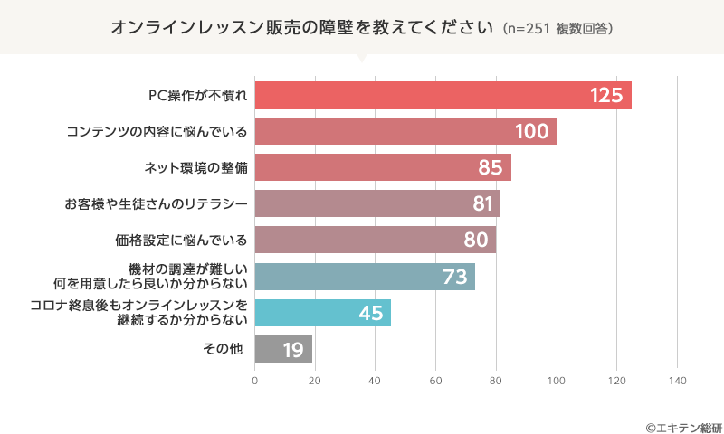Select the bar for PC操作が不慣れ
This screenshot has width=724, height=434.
pyautogui.click(x=443, y=95)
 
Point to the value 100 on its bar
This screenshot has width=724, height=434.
pyautogui.click(x=531, y=131)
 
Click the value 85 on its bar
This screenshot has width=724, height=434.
pyautogui.click(x=490, y=167)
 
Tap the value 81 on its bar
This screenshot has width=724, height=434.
pyautogui.click(x=482, y=204)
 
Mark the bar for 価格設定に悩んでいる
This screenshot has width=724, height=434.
pyautogui.click(x=375, y=241)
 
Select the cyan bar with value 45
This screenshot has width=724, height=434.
pyautogui.click(x=322, y=313)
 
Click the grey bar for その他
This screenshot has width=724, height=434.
pyautogui.click(x=283, y=349)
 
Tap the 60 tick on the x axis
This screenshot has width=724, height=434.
pyautogui.click(x=435, y=381)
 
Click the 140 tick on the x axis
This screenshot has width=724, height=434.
pyautogui.click(x=676, y=381)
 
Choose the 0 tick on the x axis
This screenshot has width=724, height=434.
pyautogui.click(x=255, y=381)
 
